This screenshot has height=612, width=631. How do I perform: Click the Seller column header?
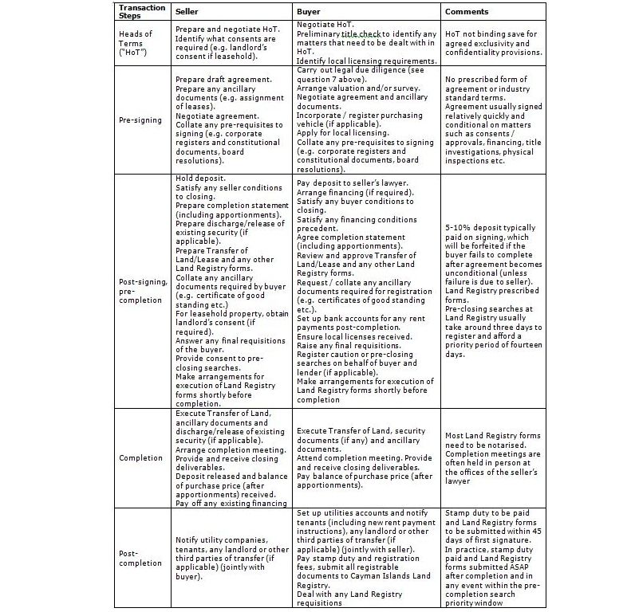(187, 12)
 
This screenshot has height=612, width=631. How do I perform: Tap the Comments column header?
(467, 12)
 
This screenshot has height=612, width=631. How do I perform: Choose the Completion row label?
(140, 458)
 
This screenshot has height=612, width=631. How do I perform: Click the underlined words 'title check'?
(362, 34)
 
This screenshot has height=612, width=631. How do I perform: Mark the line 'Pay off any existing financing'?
(231, 504)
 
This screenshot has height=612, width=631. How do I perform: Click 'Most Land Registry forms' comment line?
(492, 436)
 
